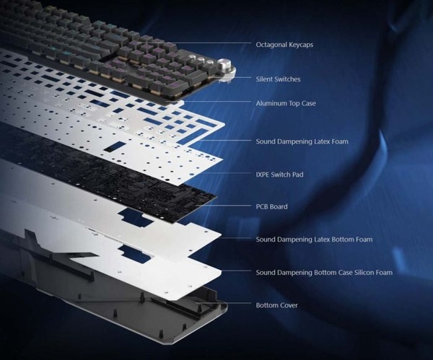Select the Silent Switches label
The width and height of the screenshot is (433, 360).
[x=278, y=79]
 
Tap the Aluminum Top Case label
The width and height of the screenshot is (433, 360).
[x=286, y=103]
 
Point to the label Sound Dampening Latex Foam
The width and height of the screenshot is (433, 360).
[x=302, y=141]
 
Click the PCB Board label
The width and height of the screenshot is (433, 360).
[x=271, y=207]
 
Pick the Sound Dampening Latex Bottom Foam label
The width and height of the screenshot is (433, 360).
[x=313, y=239]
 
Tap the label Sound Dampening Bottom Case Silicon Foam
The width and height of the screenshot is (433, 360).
[x=324, y=273]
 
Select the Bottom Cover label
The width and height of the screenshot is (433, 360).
[x=276, y=305]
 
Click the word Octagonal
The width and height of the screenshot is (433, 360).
[x=272, y=45]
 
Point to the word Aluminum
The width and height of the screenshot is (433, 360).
[x=273, y=103]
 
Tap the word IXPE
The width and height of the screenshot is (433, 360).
[x=263, y=174]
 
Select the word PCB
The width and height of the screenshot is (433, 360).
[x=262, y=207]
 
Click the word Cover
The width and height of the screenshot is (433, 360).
[x=287, y=305]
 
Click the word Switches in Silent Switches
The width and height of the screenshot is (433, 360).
[x=288, y=79]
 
